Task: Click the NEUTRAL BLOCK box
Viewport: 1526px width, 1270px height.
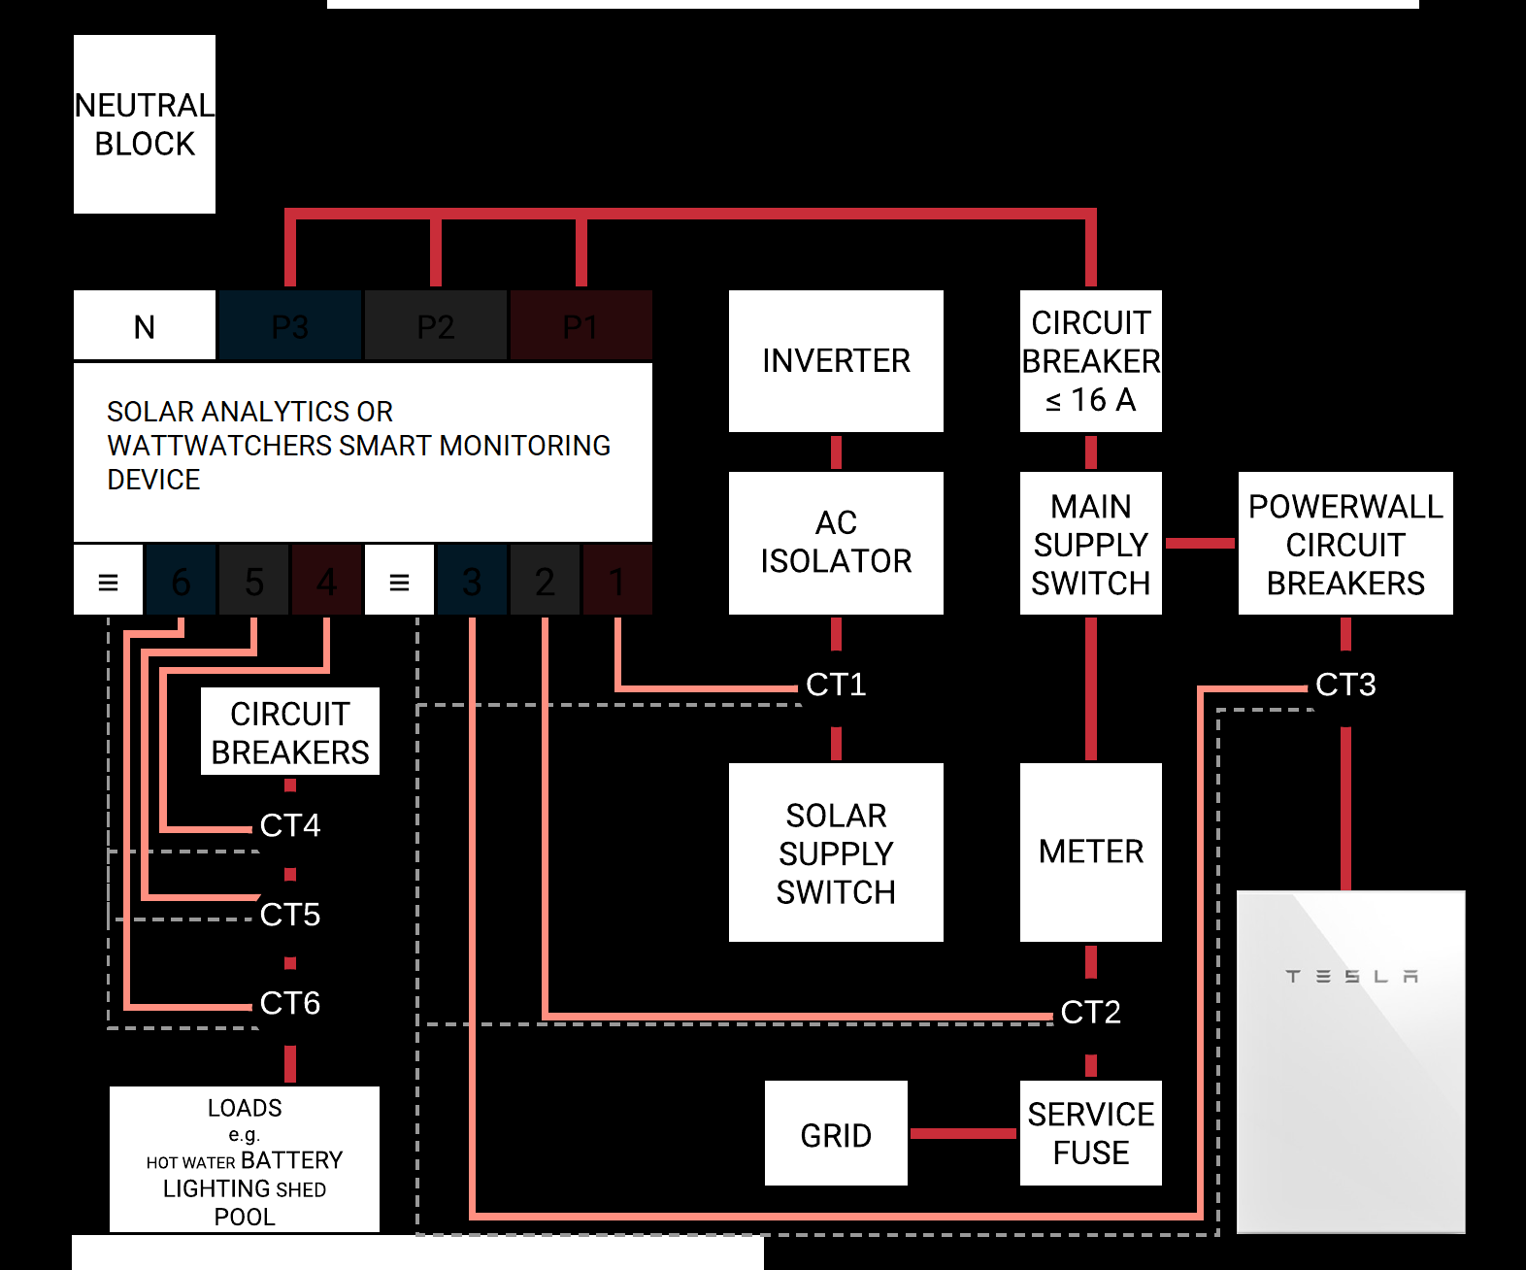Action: pyautogui.click(x=144, y=124)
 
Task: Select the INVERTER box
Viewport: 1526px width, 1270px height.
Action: pyautogui.click(x=836, y=361)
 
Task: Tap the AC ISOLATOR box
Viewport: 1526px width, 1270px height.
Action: pyautogui.click(x=836, y=543)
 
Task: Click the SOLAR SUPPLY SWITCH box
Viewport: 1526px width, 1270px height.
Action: pyautogui.click(x=836, y=852)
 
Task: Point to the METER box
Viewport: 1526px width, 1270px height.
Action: pyautogui.click(x=1090, y=852)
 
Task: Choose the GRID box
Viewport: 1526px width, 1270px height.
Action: pyautogui.click(x=836, y=1134)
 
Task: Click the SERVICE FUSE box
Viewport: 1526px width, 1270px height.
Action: pyautogui.click(x=1090, y=1133)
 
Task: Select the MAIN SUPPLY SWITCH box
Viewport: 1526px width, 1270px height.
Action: pyautogui.click(x=1090, y=544)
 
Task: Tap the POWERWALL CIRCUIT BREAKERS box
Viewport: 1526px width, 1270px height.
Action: pyautogui.click(x=1344, y=544)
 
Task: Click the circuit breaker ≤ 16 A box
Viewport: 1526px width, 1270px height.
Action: pyautogui.click(x=1090, y=361)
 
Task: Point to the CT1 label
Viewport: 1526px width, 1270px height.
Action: pyautogui.click(x=836, y=685)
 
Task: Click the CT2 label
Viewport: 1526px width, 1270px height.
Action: pyautogui.click(x=1090, y=1013)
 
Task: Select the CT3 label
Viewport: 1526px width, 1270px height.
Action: pyautogui.click(x=1344, y=685)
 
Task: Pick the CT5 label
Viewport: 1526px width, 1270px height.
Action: pyautogui.click(x=289, y=915)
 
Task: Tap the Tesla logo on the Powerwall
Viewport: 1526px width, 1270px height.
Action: pyautogui.click(x=1351, y=976)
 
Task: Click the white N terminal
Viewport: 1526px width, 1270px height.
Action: pyautogui.click(x=144, y=326)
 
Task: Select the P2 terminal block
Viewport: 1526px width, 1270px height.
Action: pyautogui.click(x=435, y=326)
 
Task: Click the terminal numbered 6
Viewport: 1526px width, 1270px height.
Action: pyautogui.click(x=181, y=582)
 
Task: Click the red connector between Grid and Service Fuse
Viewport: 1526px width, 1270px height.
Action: pyautogui.click(x=963, y=1133)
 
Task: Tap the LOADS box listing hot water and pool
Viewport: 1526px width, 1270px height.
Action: pyautogui.click(x=244, y=1160)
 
